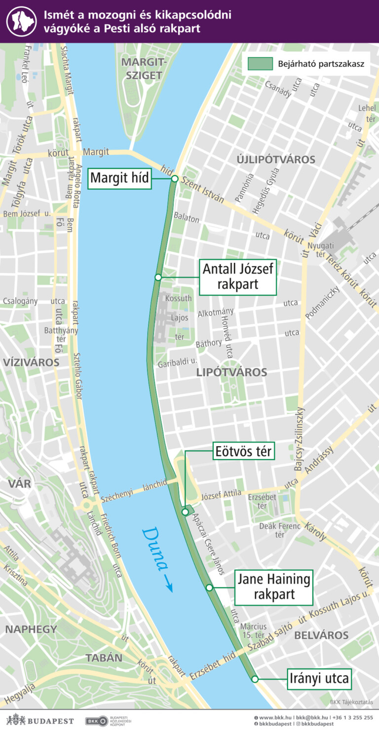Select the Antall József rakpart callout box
[x=238, y=277]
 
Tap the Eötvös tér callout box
[x=244, y=451]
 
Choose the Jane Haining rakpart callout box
[x=274, y=587]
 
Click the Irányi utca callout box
[x=320, y=679]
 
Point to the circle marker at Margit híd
[x=174, y=179]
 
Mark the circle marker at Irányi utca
[x=255, y=679]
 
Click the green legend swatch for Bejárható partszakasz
[x=260, y=64]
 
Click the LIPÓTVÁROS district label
[x=231, y=372]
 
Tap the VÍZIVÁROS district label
[x=31, y=362]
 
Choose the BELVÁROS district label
[x=321, y=635]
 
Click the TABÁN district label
[x=104, y=658]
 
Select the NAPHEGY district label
[x=31, y=629]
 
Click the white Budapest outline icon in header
[x=21, y=21]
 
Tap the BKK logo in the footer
[x=97, y=721]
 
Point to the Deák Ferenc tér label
[x=280, y=530]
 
